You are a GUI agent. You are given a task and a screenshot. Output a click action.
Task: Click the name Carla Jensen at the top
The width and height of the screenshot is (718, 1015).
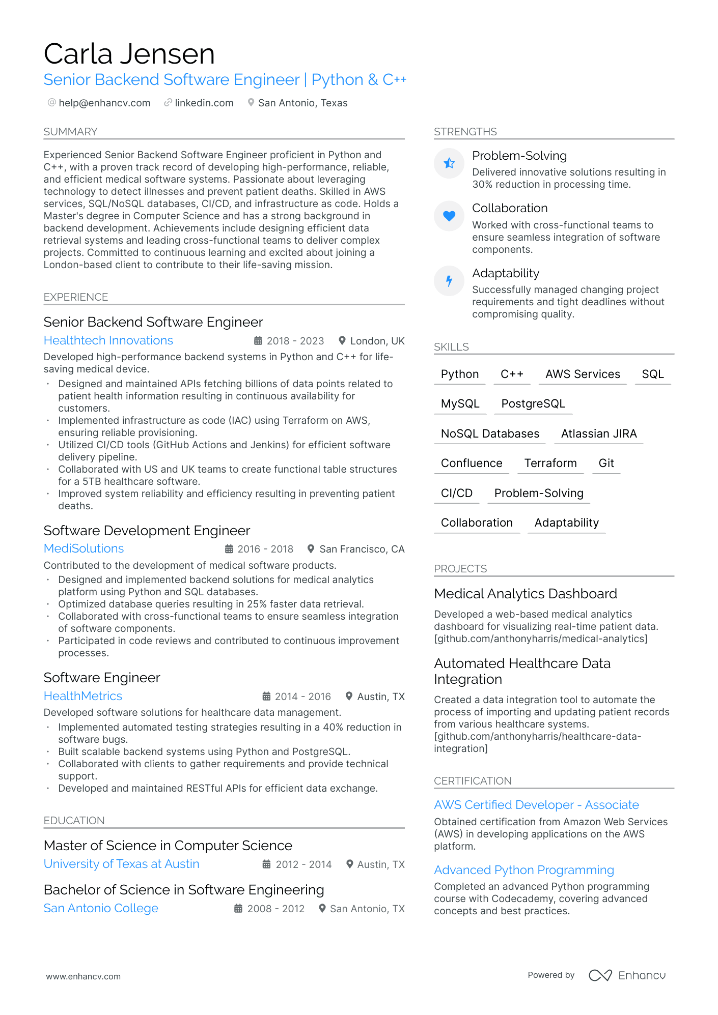pyautogui.click(x=129, y=54)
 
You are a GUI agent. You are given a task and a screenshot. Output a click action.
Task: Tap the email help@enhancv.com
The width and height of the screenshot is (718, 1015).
pyautogui.click(x=104, y=103)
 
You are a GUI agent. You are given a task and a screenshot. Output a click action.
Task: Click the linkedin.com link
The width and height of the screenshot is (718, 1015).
pyautogui.click(x=204, y=103)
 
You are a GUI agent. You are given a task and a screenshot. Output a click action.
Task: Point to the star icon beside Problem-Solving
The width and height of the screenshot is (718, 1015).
pyautogui.click(x=449, y=163)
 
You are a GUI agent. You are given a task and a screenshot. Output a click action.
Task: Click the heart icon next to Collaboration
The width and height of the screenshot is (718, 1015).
pyautogui.click(x=449, y=216)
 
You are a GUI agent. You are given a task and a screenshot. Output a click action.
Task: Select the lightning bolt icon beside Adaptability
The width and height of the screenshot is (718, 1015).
pyautogui.click(x=449, y=280)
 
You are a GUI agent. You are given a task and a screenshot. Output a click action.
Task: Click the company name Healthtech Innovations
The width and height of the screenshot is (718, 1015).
pyautogui.click(x=108, y=340)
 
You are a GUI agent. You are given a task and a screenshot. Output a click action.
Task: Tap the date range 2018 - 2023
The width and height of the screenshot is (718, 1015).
pyautogui.click(x=295, y=341)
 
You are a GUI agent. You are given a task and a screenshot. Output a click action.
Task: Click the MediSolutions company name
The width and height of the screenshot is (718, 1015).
pyautogui.click(x=84, y=548)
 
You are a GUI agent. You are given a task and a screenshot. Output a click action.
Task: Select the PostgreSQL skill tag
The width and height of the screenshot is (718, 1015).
pyautogui.click(x=533, y=403)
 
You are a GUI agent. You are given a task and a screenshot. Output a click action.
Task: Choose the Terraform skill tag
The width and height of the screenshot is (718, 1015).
pyautogui.click(x=550, y=463)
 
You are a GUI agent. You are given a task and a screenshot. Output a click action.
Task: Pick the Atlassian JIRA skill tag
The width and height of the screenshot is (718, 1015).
pyautogui.click(x=599, y=433)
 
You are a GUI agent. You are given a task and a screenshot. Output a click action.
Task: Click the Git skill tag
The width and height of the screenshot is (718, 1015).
pyautogui.click(x=606, y=463)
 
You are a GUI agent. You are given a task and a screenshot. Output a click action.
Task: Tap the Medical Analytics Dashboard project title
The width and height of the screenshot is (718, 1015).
pyautogui.click(x=526, y=594)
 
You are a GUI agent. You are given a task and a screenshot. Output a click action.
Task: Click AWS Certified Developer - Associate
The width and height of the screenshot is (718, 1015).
pyautogui.click(x=536, y=805)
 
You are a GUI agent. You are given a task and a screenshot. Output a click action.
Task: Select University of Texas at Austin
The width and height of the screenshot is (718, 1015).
pyautogui.click(x=122, y=864)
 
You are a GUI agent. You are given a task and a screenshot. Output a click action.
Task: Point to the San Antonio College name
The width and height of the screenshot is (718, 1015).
pyautogui.click(x=101, y=908)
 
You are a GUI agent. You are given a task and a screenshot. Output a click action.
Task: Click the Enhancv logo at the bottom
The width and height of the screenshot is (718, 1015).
pyautogui.click(x=627, y=975)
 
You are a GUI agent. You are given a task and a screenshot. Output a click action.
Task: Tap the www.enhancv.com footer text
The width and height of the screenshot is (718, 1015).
pyautogui.click(x=84, y=976)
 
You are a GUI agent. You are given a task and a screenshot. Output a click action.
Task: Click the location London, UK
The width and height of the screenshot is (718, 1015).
pyautogui.click(x=377, y=341)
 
